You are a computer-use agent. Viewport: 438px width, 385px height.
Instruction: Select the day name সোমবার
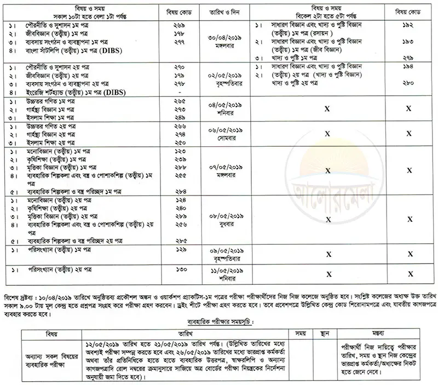[x=223, y=133]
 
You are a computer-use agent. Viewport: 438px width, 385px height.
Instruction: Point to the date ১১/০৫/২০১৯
[x=223, y=270]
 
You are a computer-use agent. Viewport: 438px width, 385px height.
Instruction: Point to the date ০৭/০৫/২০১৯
[x=223, y=166]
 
